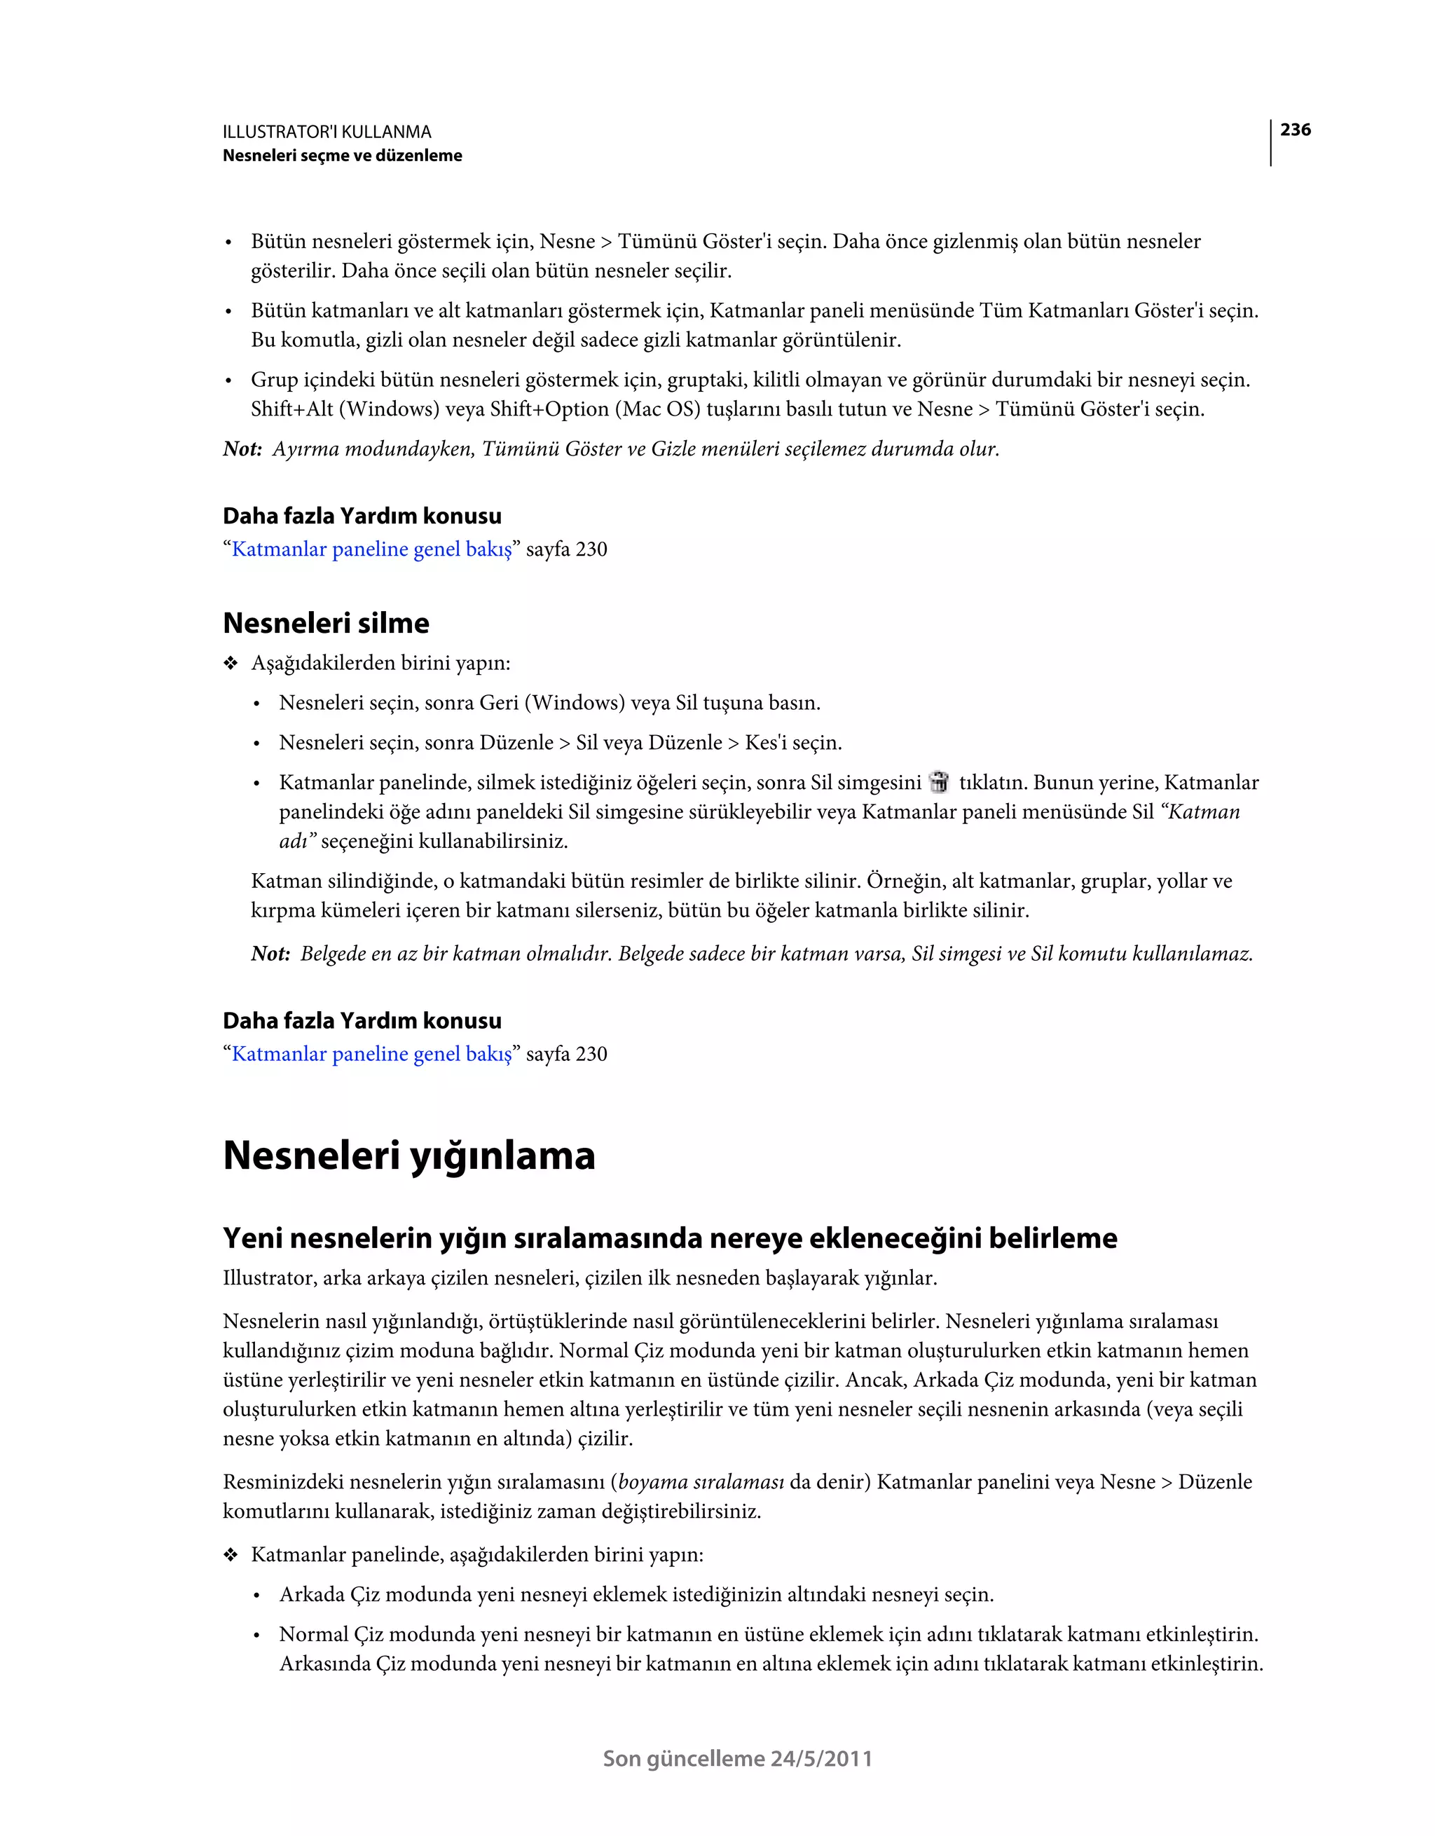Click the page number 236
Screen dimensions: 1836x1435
[x=1295, y=130]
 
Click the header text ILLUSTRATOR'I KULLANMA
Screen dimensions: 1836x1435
[x=327, y=132]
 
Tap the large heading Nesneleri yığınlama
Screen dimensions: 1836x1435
[x=408, y=1155]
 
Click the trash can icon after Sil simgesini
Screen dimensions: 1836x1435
[x=939, y=782]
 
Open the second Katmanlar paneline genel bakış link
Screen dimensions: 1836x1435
[x=371, y=1053]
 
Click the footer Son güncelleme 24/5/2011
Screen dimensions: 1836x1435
[x=737, y=1759]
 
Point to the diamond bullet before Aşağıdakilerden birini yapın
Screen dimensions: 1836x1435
[x=231, y=664]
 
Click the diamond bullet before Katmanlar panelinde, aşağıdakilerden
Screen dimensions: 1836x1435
[x=231, y=1554]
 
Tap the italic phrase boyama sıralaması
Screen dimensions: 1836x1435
[x=701, y=1481]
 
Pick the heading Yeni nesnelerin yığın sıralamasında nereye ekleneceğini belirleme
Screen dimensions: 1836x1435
[x=669, y=1238]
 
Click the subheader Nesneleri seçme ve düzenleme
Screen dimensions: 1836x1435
[x=342, y=156]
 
